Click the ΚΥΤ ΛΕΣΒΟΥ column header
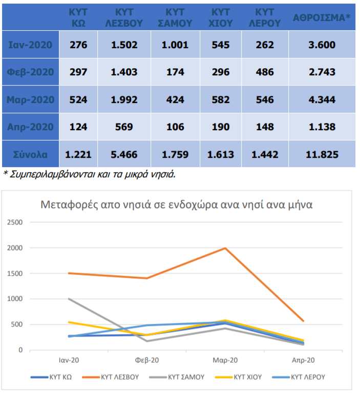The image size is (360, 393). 124,17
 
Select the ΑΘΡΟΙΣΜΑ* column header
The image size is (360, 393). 322,17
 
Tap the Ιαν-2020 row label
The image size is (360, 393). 31,45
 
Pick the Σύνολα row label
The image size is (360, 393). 31,154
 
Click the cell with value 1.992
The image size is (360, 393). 124,99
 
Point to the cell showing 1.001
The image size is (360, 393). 175,45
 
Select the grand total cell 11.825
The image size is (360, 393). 322,154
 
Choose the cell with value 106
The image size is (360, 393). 175,127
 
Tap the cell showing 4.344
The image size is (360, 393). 322,99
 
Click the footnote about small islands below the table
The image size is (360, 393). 90,174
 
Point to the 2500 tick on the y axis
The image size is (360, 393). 16,222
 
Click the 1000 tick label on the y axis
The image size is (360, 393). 16,299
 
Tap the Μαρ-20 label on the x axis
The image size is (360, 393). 225,360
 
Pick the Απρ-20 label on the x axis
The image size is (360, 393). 303,360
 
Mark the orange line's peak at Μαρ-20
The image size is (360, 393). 225,249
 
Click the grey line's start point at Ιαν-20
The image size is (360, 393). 69,299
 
